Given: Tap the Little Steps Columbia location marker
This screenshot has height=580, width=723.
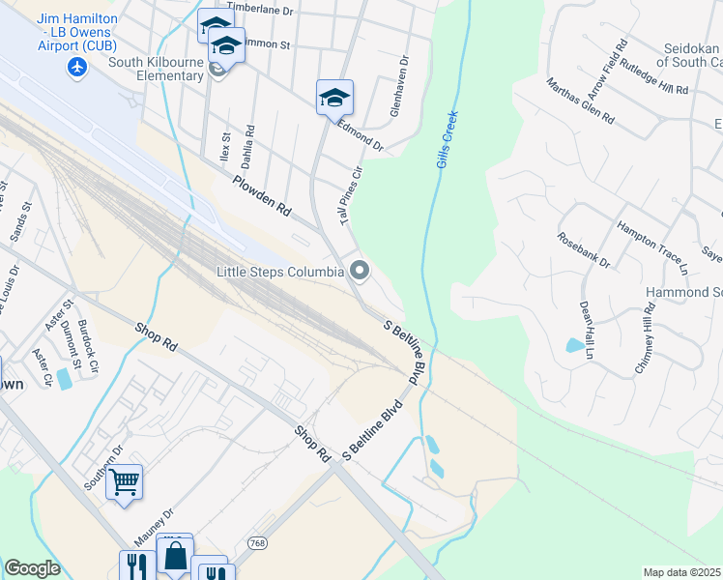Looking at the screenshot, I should point(360,271).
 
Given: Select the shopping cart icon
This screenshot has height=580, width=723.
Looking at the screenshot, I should point(125,480).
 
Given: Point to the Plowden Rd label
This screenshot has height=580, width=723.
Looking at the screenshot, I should point(261,194).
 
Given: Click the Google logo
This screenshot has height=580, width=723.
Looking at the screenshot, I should point(32,568).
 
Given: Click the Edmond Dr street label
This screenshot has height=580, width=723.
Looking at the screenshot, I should point(361,137).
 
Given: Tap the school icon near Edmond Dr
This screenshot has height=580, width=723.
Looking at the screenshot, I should point(334,97).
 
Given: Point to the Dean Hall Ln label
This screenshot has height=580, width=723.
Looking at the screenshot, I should point(586,330).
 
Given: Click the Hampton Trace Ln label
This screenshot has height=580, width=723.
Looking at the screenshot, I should point(651,243).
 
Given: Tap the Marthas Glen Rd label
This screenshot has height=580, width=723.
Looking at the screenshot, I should point(579,101).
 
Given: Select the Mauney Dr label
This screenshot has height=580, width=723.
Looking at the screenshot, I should point(154,529).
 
